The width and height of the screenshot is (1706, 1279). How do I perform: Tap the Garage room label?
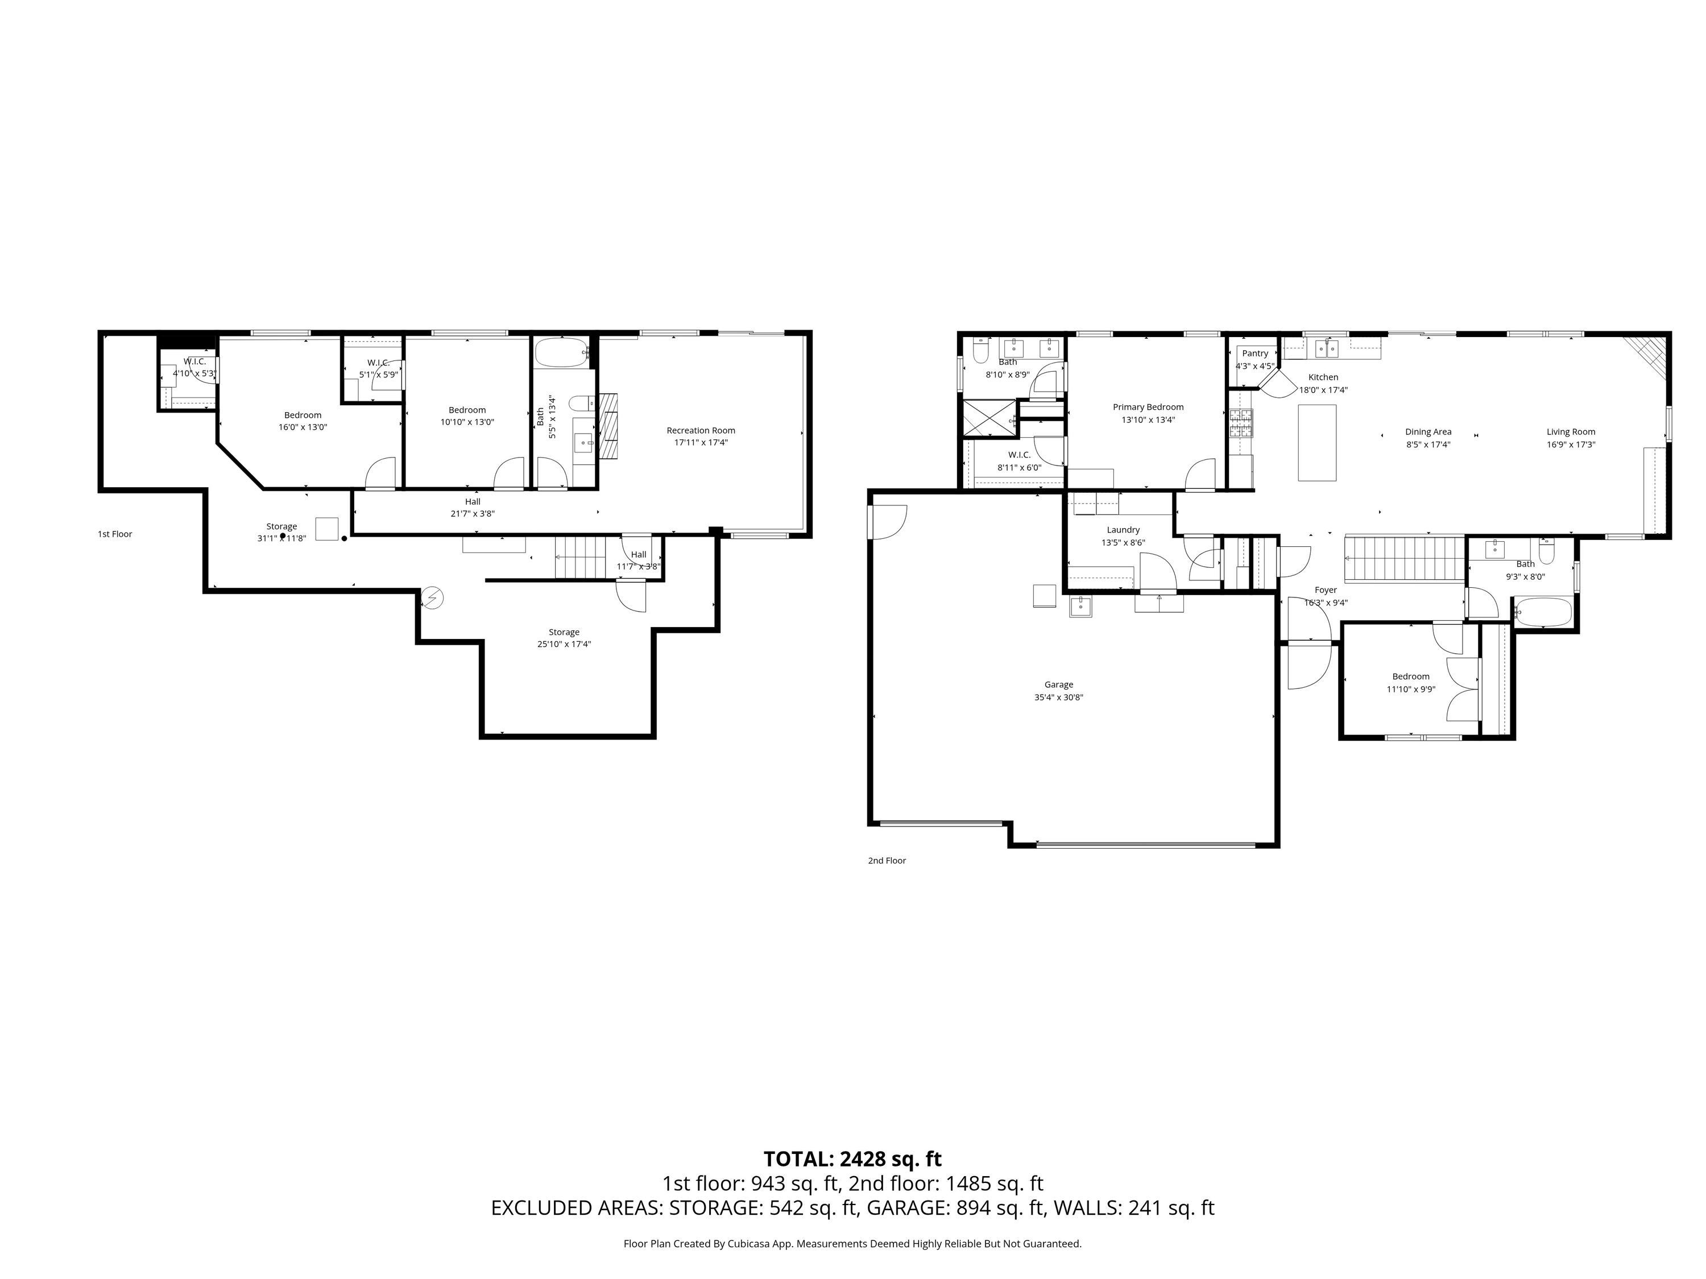point(1059,684)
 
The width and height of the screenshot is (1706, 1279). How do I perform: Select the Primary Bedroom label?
point(1148,407)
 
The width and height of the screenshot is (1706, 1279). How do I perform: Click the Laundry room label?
point(1123,530)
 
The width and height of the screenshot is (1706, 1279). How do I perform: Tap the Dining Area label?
point(1428,431)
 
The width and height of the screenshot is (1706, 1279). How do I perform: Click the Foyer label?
point(1326,591)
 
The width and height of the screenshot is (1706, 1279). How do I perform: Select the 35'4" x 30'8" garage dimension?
point(1059,697)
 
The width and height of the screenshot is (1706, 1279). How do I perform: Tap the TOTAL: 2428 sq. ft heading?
point(852,1158)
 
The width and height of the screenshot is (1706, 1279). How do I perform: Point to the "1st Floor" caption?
point(115,534)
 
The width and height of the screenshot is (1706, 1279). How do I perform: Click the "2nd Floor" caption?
point(887,861)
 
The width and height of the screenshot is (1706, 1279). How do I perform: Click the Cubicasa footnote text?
point(852,1244)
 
